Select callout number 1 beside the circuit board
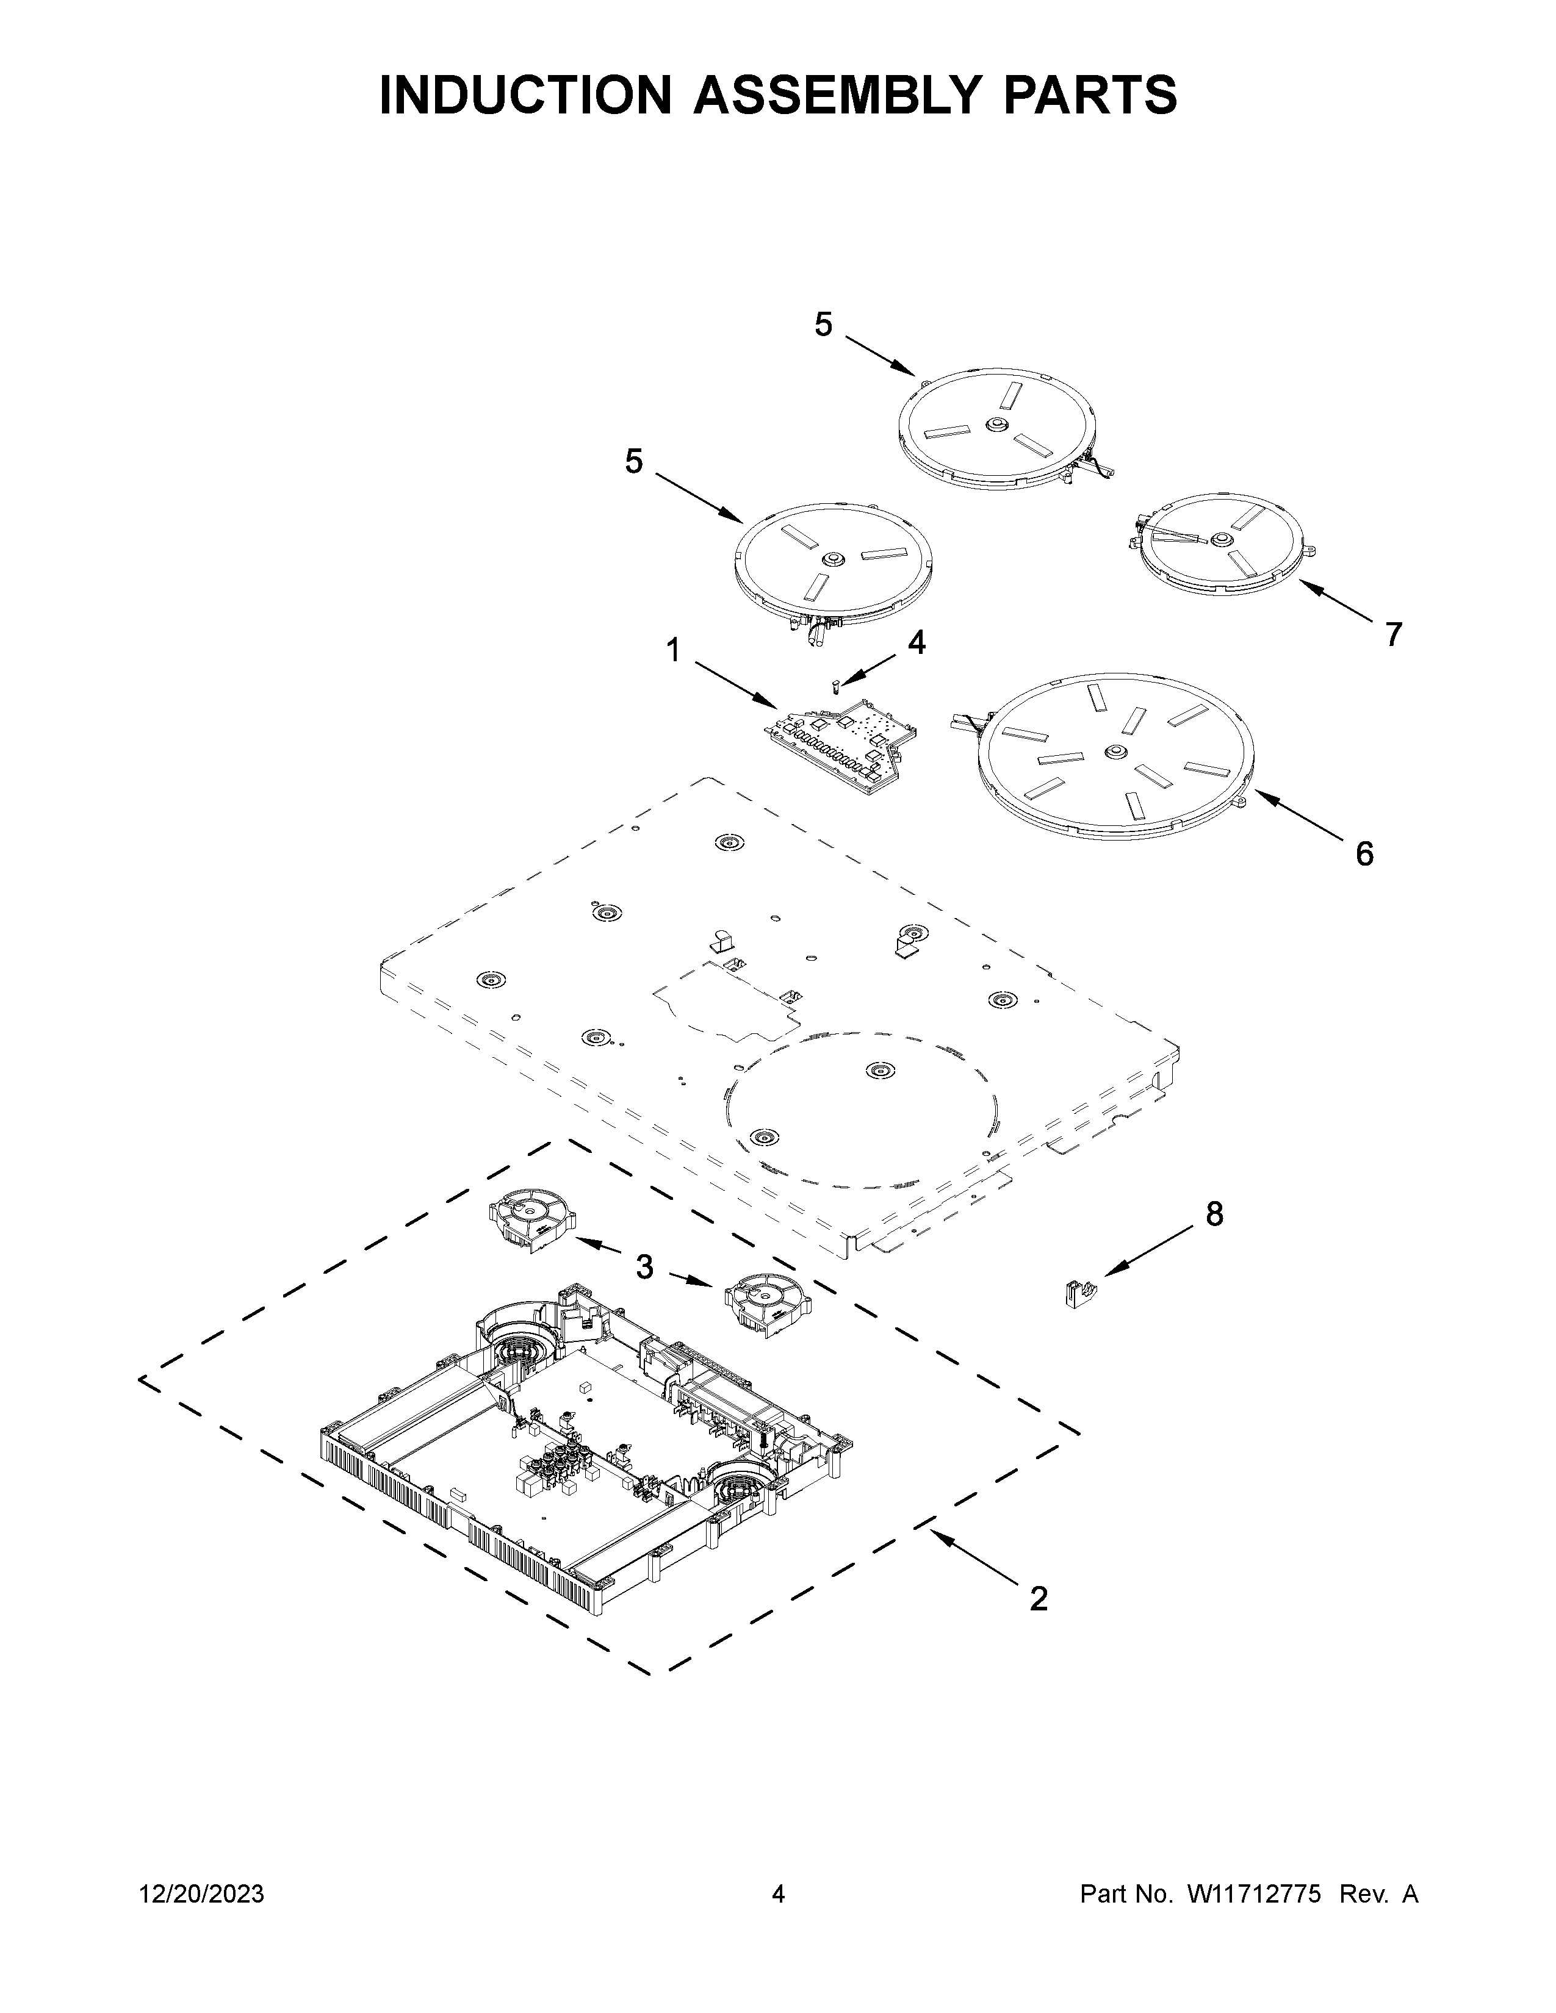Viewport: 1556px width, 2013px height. pyautogui.click(x=674, y=651)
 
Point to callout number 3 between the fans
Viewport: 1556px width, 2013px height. pyautogui.click(x=644, y=1268)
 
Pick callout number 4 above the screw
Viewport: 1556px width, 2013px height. pyautogui.click(x=915, y=642)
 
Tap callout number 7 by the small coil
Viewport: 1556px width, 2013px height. pyautogui.click(x=1393, y=634)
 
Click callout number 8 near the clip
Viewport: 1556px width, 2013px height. pyautogui.click(x=1215, y=1214)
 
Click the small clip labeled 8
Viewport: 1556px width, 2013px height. pyautogui.click(x=1076, y=1293)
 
